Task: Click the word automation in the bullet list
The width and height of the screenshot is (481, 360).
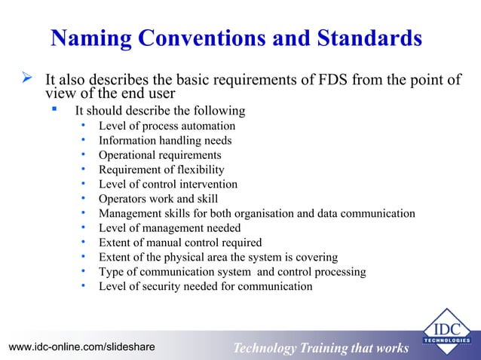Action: (206, 127)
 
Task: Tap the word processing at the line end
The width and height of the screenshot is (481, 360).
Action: (341, 272)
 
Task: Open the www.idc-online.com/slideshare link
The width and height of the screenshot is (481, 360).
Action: (81, 346)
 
